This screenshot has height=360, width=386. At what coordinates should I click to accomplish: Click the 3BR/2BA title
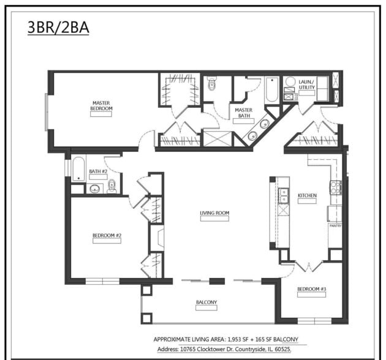click(58, 28)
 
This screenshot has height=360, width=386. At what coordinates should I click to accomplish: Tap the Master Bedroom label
click(101, 105)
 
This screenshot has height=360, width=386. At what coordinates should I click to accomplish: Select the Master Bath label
click(243, 113)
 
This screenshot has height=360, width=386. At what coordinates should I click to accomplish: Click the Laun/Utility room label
click(306, 84)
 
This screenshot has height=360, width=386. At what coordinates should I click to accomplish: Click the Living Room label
click(214, 214)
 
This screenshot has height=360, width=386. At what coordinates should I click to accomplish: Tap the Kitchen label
click(307, 196)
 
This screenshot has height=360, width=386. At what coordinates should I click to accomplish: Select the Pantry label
click(335, 226)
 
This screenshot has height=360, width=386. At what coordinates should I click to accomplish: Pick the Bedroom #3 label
click(312, 288)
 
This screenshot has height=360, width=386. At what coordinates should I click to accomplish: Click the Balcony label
click(206, 302)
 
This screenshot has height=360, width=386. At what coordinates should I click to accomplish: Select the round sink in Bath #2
click(95, 189)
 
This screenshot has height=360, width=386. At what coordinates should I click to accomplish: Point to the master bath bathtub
click(271, 90)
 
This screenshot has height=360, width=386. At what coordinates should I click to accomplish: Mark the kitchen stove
click(335, 187)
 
